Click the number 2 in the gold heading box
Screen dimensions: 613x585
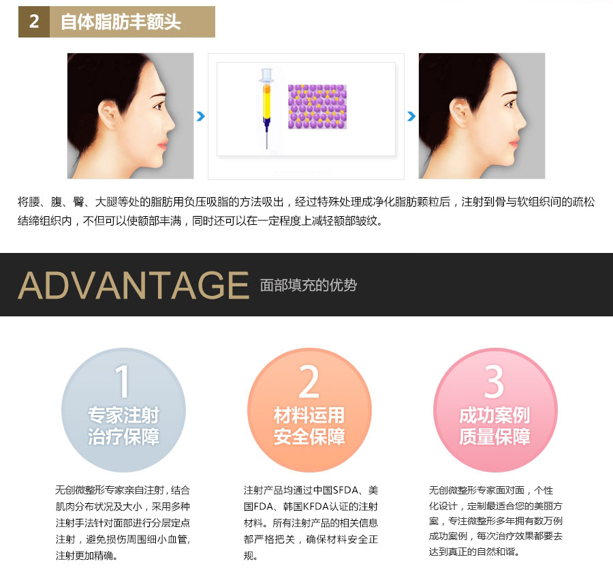pos(34,22)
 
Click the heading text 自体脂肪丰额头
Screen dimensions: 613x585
pos(121,22)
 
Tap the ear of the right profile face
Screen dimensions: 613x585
pos(460,113)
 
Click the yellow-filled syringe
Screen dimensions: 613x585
pos(266,108)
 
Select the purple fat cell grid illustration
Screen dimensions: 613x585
pos(317,107)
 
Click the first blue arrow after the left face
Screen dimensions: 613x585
pos(200,116)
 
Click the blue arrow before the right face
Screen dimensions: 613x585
pos(411,116)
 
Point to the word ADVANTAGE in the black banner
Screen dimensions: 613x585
pos(133,285)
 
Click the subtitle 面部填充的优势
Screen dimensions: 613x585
pos(309,285)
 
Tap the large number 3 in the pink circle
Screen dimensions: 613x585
pos(494,381)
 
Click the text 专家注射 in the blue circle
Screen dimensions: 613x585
pos(123,415)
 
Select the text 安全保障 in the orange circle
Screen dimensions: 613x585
pos(309,436)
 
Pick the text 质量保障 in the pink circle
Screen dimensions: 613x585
pos(495,436)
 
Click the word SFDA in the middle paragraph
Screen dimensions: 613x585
pos(346,490)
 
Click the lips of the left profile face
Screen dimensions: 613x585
pos(163,147)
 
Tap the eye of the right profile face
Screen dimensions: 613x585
pos(509,105)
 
